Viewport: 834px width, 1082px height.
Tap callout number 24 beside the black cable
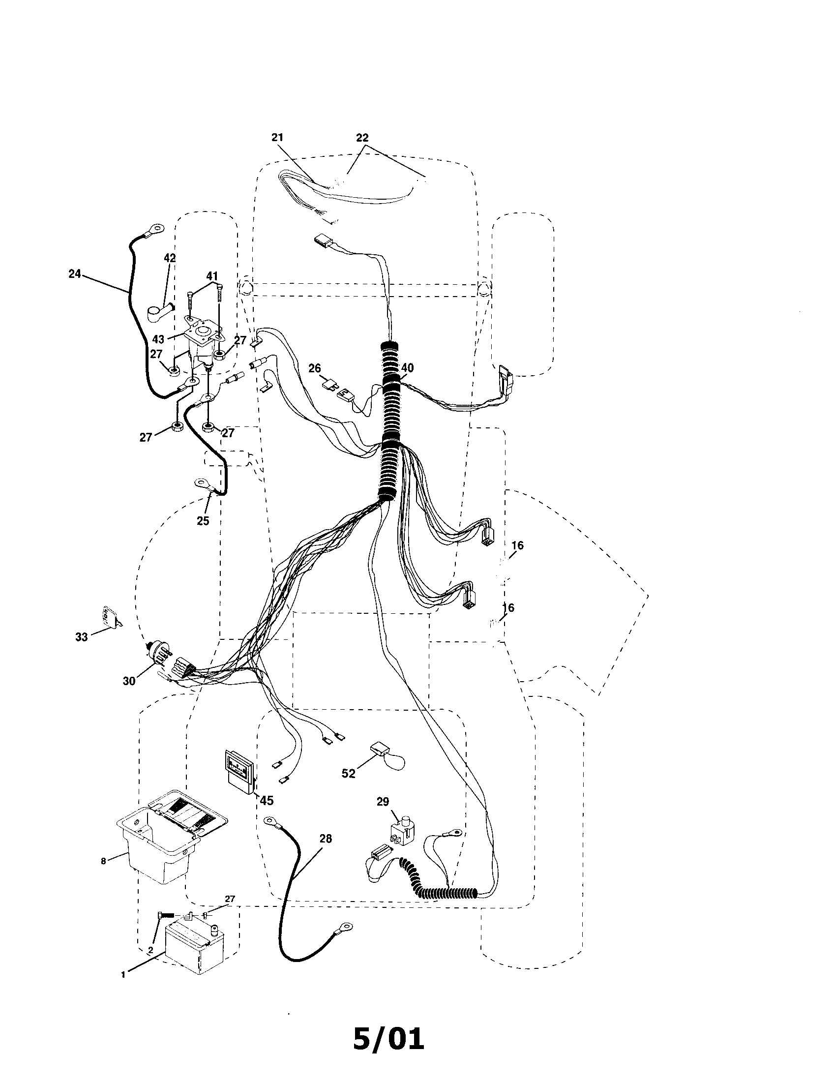click(75, 273)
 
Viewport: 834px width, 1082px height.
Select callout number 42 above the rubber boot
click(170, 258)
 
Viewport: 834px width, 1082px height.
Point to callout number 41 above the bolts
click(212, 276)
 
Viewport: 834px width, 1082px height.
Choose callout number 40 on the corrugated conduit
click(407, 367)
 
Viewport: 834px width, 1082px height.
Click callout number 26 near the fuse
click(315, 368)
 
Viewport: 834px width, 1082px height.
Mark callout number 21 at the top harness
click(277, 137)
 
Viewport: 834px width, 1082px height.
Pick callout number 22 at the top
click(362, 137)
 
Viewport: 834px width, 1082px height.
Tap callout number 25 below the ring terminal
click(203, 521)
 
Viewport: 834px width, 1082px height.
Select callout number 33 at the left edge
click(81, 636)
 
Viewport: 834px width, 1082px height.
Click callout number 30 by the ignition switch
click(129, 681)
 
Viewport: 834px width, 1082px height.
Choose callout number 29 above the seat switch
click(383, 802)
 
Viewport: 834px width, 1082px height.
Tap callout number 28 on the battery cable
click(326, 839)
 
